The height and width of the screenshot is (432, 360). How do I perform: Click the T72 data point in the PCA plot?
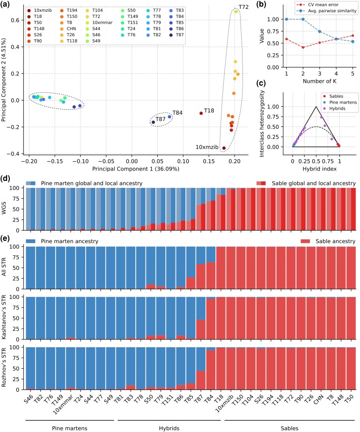(236, 12)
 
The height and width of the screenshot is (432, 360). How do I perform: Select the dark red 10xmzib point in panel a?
(224, 148)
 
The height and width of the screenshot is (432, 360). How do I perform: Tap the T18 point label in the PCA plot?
(209, 111)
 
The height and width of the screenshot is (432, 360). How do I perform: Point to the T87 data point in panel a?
(153, 122)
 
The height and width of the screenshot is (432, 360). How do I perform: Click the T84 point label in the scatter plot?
(177, 112)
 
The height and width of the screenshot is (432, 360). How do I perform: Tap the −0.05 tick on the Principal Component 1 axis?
(106, 161)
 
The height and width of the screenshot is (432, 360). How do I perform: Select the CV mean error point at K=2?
(303, 47)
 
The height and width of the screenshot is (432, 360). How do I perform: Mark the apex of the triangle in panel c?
(316, 107)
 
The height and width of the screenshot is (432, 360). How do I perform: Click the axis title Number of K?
(320, 81)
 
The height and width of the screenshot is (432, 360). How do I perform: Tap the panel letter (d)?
(5, 178)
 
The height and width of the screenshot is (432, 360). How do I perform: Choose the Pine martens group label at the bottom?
(70, 428)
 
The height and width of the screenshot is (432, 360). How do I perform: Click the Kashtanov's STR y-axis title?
(4, 317)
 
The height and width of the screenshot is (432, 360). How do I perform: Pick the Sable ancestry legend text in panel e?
(336, 241)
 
